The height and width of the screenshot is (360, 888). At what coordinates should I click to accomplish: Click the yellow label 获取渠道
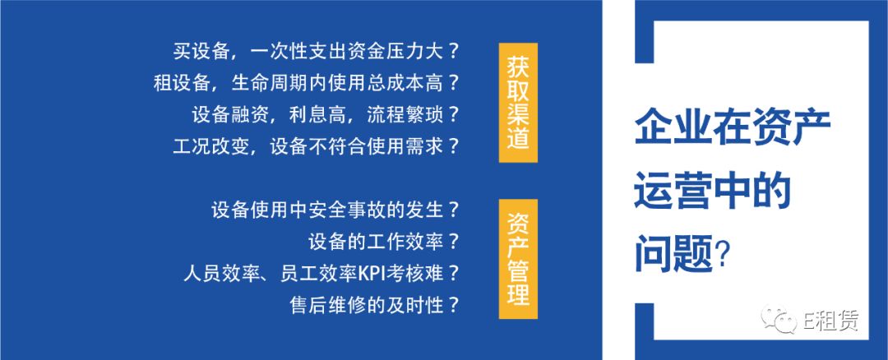(x=518, y=103)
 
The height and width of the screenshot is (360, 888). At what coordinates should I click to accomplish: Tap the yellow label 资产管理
(x=518, y=259)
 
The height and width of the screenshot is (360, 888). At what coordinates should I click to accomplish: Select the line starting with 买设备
(x=316, y=52)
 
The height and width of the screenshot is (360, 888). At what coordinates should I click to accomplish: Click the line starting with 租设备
(x=307, y=84)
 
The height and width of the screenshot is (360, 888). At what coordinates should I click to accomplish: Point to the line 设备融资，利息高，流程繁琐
(x=326, y=115)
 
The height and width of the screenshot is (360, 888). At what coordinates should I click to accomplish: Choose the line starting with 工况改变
(x=316, y=147)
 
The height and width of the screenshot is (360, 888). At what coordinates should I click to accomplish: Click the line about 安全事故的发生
(x=335, y=210)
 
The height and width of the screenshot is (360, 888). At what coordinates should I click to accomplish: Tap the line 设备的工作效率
(x=383, y=242)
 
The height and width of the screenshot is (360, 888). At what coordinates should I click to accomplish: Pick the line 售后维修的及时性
(x=374, y=306)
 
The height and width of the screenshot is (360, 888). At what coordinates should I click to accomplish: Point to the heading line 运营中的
(x=712, y=191)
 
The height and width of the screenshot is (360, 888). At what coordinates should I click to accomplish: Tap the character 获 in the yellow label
(x=518, y=60)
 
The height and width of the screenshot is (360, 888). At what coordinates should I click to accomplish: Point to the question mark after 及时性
(x=453, y=307)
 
